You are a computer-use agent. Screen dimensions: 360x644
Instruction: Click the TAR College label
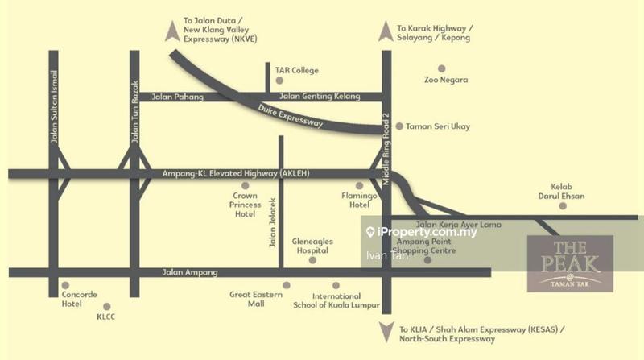pos(296,71)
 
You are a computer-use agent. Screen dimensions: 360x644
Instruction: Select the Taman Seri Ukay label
pos(438,126)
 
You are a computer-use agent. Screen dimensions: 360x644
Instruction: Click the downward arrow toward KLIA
pos(386,329)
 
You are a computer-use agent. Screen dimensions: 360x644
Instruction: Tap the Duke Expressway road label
pos(291,118)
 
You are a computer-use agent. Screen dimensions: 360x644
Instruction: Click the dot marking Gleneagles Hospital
pos(312,259)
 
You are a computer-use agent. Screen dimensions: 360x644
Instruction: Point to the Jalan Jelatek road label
pos(272,223)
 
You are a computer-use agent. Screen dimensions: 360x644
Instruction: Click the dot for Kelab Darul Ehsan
pos(563,206)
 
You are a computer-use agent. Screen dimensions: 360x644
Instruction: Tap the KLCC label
pos(107,317)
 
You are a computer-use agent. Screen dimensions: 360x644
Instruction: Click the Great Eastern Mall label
pos(255,300)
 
